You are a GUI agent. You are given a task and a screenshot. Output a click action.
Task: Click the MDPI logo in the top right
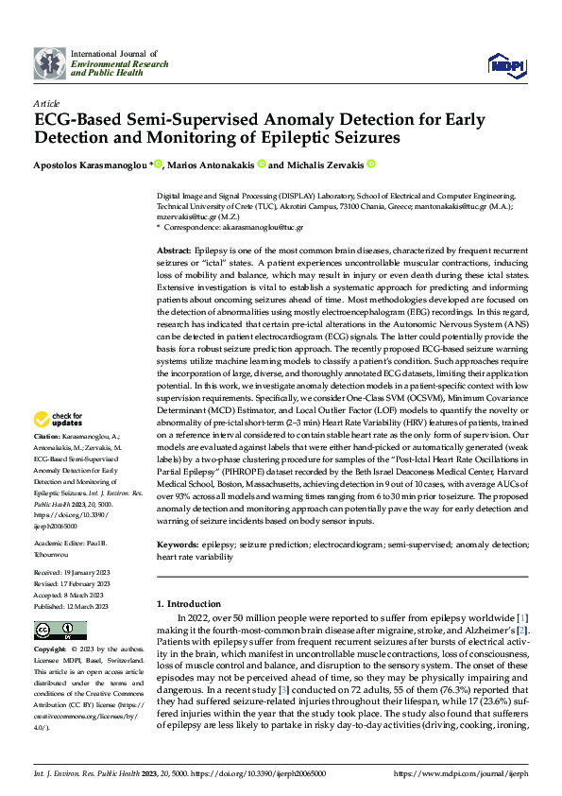coord(501,64)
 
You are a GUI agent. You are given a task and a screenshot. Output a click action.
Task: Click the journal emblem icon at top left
coord(50,63)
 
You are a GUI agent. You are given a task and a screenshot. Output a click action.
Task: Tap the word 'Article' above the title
coord(46,103)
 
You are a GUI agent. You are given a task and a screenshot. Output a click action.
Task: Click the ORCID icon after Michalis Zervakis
coord(371,164)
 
